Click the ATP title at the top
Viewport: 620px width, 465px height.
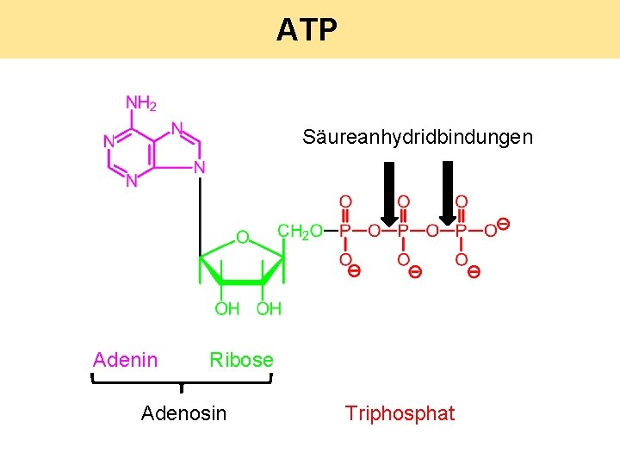(x=307, y=31)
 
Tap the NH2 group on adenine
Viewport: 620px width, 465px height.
(x=141, y=104)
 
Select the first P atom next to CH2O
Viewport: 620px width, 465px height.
(x=345, y=231)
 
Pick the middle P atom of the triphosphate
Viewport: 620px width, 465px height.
(x=403, y=231)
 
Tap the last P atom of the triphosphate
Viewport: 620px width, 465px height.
(x=461, y=231)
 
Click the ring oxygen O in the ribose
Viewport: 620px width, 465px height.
(x=243, y=236)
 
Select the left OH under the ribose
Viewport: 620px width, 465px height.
(x=226, y=308)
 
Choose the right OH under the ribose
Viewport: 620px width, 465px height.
(x=269, y=308)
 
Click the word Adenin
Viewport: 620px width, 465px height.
(x=125, y=360)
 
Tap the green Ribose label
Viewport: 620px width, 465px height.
(x=241, y=360)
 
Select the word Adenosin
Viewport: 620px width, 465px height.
(x=183, y=414)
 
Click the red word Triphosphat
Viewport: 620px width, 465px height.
(x=400, y=414)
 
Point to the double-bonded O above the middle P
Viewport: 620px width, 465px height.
(x=403, y=201)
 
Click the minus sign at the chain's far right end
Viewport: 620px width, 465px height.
(x=505, y=224)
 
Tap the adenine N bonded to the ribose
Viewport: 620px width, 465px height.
(x=199, y=167)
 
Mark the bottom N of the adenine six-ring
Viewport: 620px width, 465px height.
(x=131, y=181)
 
